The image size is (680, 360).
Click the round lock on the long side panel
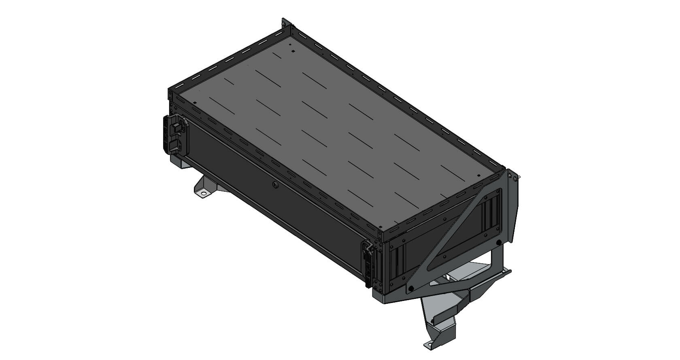(275, 185)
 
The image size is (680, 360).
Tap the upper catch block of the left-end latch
(176, 127)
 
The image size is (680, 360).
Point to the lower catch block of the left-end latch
(174, 145)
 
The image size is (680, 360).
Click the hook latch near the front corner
(369, 249)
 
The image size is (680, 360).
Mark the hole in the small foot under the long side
(203, 194)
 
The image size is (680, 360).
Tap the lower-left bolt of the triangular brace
(410, 288)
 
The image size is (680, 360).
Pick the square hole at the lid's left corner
(195, 102)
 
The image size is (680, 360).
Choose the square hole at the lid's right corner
(478, 176)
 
